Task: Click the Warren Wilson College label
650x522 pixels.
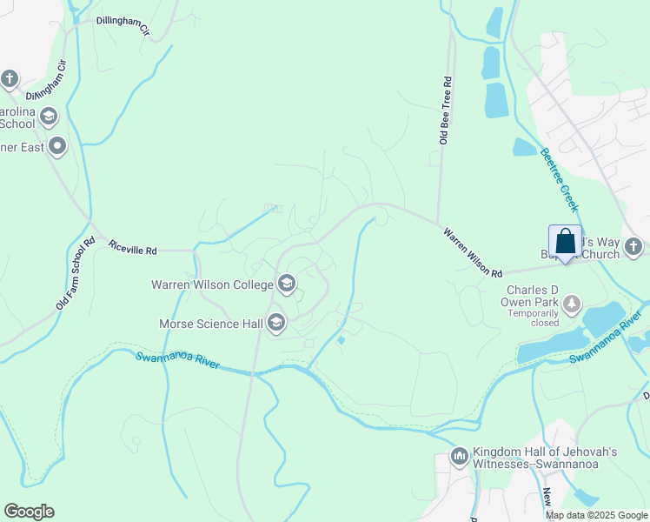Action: coord(212,284)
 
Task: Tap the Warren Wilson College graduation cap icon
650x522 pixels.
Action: coord(286,284)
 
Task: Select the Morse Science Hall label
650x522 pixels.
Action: coord(210,324)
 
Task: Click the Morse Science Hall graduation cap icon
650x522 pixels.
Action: coord(276,324)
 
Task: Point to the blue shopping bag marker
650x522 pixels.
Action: coord(565,241)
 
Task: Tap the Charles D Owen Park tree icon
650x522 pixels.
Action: coord(571,304)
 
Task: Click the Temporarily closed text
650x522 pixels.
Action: coord(534,316)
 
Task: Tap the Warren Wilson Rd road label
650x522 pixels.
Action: coord(473,253)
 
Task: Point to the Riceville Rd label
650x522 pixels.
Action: coord(133,249)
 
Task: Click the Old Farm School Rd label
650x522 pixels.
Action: coord(75,273)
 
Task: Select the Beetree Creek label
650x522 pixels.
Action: coord(558,180)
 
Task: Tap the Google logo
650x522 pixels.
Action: coord(29,512)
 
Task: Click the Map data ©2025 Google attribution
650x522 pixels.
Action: coord(595,515)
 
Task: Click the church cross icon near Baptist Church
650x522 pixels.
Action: coord(633,246)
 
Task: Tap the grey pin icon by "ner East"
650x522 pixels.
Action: coord(57,146)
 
